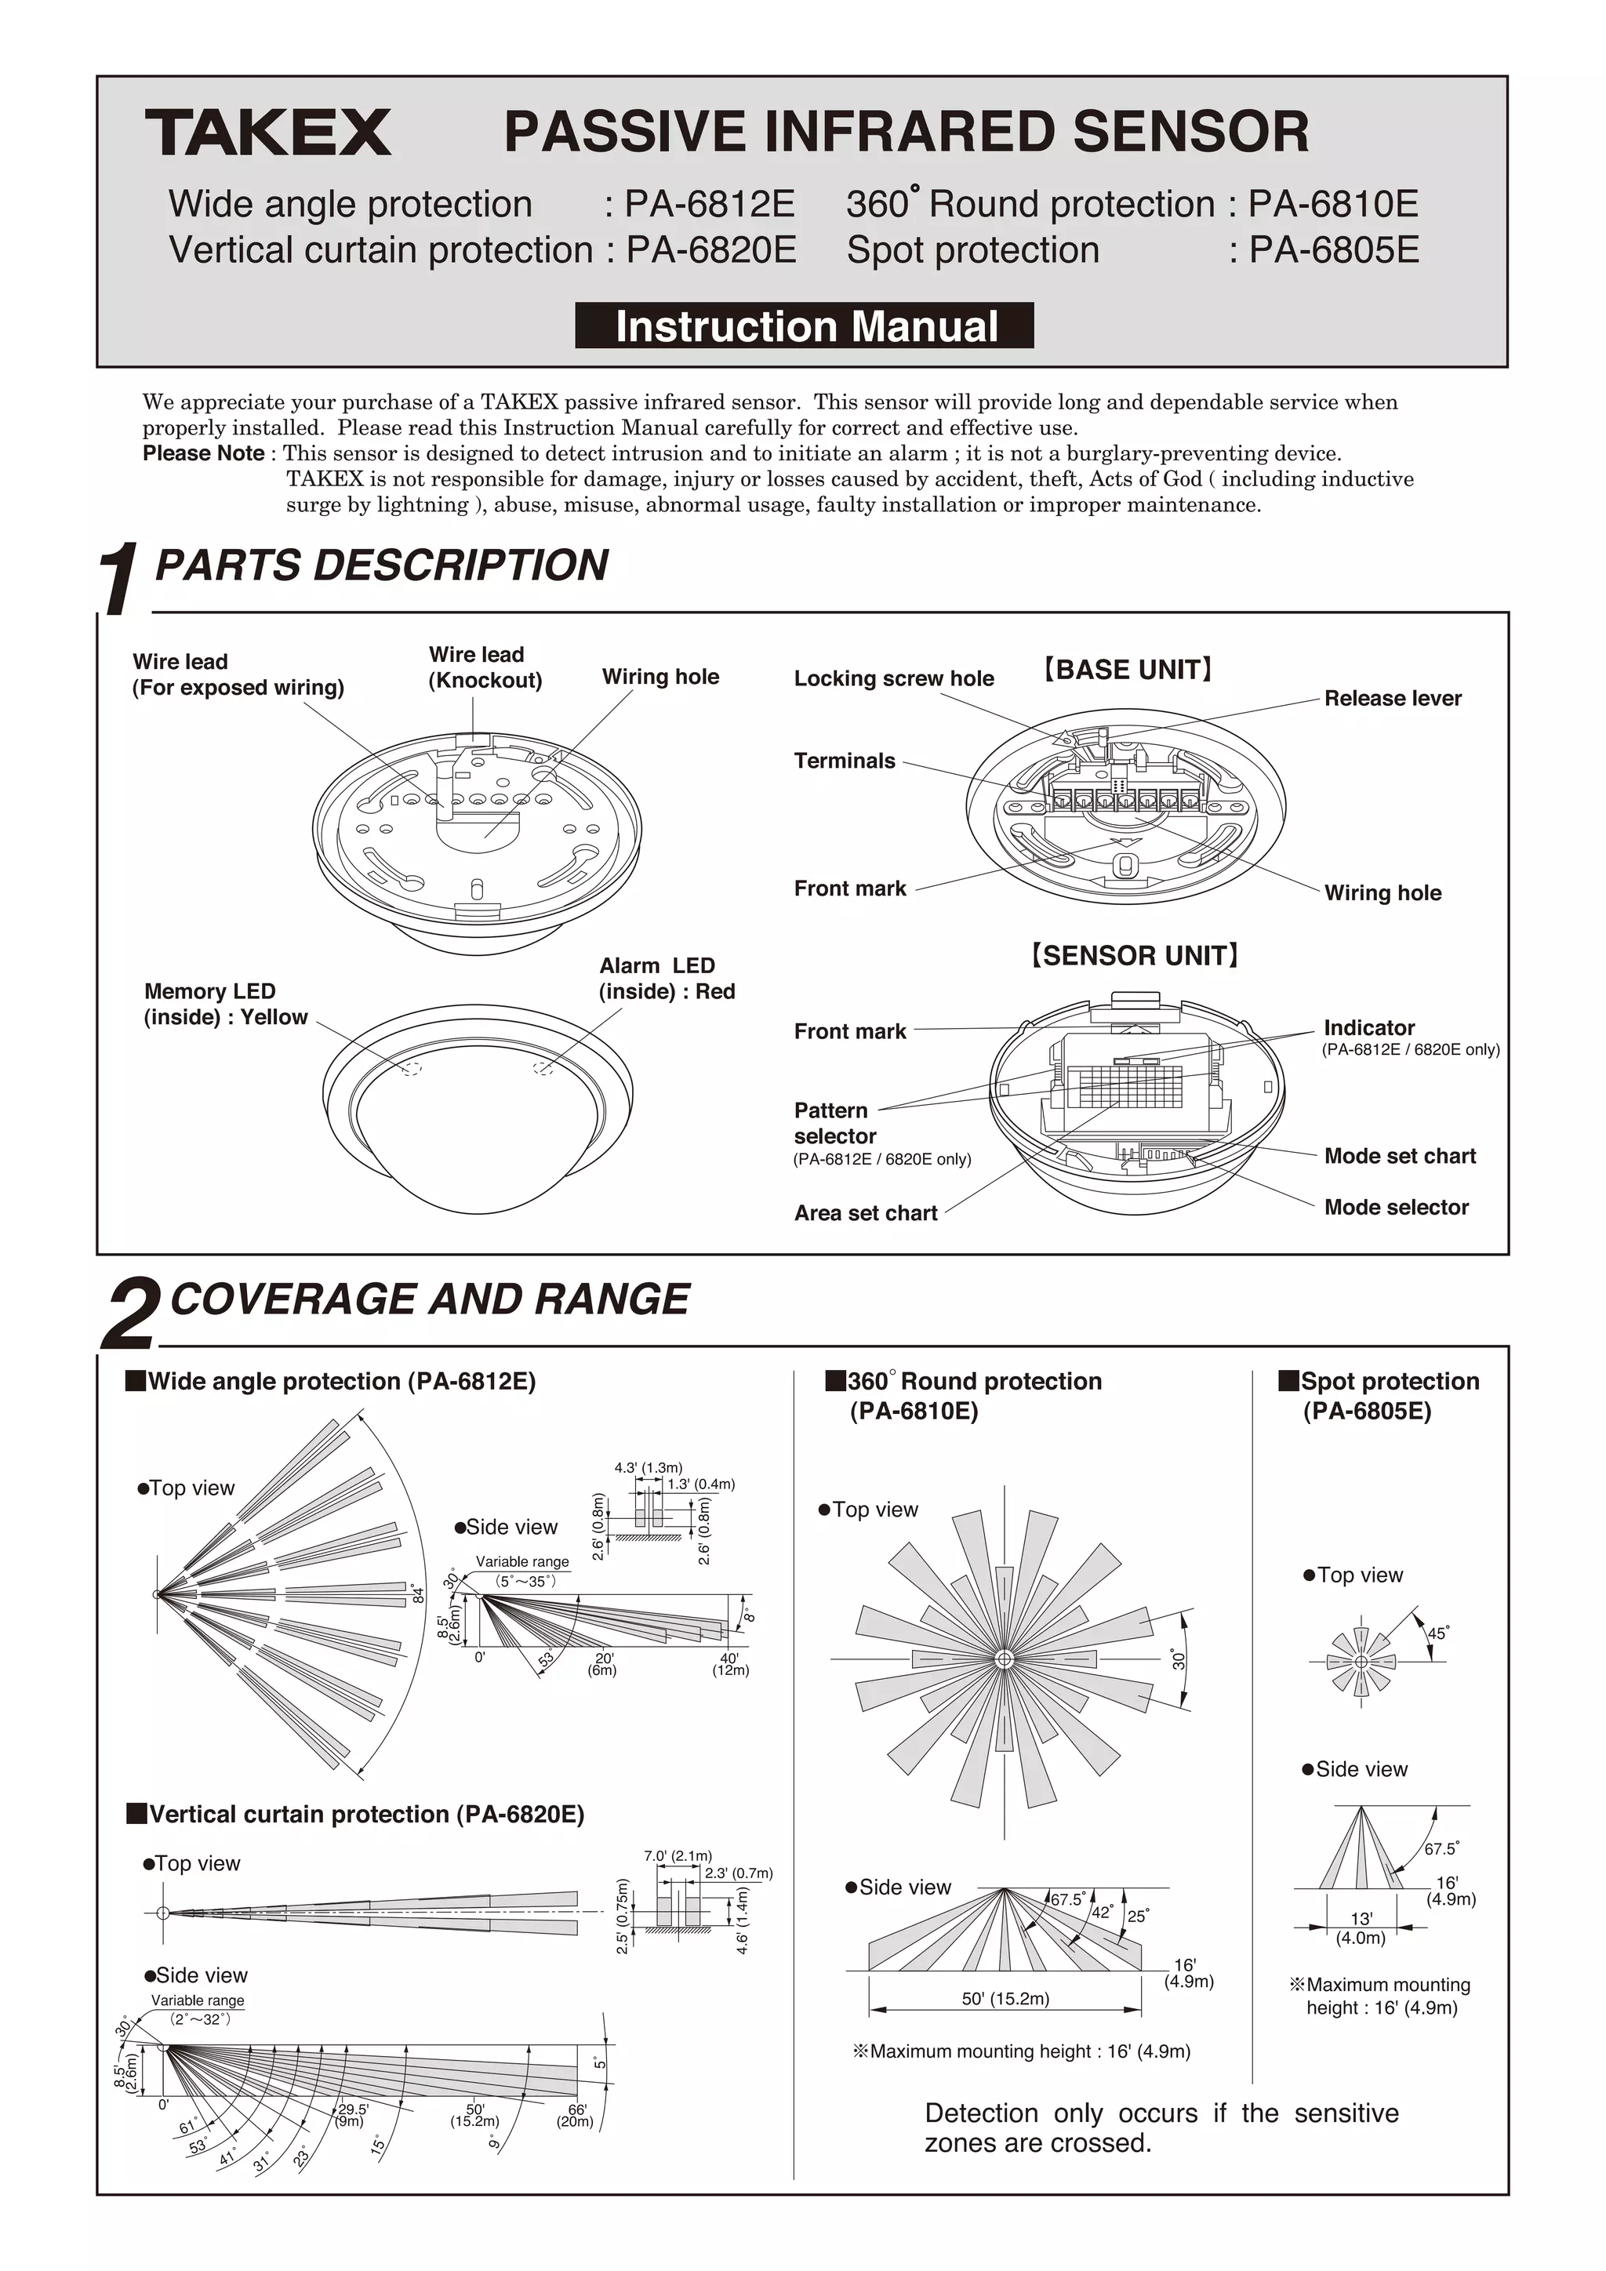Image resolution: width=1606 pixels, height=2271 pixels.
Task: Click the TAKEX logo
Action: [268, 133]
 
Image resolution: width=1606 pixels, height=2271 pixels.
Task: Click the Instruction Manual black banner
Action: [804, 326]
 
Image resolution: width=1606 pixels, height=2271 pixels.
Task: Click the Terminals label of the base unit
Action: [844, 761]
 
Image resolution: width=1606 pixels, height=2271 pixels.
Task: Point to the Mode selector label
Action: [1395, 1207]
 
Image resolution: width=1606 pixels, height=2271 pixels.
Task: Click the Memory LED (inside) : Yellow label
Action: [226, 1004]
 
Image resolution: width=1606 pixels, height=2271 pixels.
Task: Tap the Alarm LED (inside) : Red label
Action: [667, 978]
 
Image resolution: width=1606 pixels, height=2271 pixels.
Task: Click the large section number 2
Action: [129, 1314]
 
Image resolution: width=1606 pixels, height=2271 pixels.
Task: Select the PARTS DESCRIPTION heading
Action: [382, 565]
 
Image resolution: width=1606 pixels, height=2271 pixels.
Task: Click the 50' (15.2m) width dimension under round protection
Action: [1005, 1998]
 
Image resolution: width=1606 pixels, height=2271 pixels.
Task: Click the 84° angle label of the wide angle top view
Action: [418, 1593]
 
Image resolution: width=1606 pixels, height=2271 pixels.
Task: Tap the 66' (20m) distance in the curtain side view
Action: [576, 2116]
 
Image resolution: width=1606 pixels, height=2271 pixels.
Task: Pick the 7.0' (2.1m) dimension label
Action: [678, 1855]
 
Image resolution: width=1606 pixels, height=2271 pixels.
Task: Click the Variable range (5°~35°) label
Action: [523, 1571]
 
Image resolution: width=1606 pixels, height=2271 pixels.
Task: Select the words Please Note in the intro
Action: [203, 454]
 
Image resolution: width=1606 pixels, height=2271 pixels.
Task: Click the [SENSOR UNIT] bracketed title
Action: [1134, 955]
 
